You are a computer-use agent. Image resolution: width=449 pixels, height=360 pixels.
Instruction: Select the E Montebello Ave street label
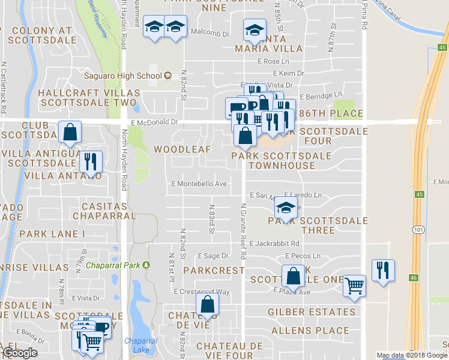click(x=199, y=184)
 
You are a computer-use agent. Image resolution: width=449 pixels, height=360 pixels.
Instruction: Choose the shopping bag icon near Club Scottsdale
click(x=70, y=132)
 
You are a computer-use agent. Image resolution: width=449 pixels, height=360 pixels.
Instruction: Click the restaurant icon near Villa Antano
click(x=90, y=161)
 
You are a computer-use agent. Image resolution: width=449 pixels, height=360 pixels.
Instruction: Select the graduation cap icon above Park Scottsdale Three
click(x=286, y=208)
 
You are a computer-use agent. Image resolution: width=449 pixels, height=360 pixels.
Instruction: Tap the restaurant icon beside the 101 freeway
click(x=382, y=269)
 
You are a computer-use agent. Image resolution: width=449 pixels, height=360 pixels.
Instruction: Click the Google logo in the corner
click(x=20, y=353)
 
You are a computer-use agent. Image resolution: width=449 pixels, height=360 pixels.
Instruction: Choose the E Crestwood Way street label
click(x=202, y=292)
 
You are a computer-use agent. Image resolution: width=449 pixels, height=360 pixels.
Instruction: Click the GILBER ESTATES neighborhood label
click(x=312, y=312)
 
